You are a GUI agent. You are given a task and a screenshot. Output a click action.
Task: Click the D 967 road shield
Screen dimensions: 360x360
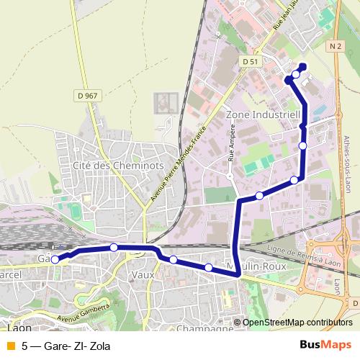(87, 95)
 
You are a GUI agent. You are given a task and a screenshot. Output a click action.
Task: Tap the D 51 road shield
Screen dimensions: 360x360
(251, 62)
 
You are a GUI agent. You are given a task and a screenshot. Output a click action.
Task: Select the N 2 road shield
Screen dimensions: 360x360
(333, 46)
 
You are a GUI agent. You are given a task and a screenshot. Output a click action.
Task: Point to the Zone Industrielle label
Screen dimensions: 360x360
(262, 114)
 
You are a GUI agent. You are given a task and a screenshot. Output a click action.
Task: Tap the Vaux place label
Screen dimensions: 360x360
(143, 275)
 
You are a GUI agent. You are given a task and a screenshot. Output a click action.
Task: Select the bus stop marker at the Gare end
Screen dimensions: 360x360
(55, 260)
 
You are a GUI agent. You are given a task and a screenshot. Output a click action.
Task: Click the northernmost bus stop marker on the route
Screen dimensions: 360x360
(296, 74)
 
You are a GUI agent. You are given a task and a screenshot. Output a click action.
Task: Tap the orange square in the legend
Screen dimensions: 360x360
(10, 346)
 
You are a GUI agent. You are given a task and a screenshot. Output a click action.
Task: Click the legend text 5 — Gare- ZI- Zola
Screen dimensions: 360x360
(66, 346)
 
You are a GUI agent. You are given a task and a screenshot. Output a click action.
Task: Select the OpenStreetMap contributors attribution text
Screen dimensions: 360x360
(297, 323)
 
